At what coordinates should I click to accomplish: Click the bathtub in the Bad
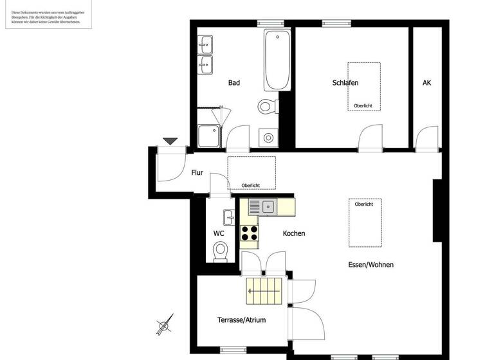click(x=277, y=60)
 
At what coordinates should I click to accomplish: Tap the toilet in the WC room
click(x=221, y=251)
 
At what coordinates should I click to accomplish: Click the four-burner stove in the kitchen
click(x=250, y=232)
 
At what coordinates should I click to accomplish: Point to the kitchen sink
click(x=268, y=206)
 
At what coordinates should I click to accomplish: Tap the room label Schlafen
click(x=345, y=83)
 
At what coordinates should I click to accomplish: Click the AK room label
click(x=426, y=83)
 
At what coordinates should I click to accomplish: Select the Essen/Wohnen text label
click(x=370, y=264)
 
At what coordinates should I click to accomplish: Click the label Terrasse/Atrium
click(x=241, y=319)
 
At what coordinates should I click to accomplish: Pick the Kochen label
click(x=294, y=233)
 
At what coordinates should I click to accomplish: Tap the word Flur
click(x=197, y=172)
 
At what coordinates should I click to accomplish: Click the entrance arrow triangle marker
click(x=170, y=141)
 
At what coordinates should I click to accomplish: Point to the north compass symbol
click(x=165, y=325)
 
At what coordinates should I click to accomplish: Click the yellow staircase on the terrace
click(x=264, y=291)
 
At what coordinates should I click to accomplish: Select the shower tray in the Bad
click(x=208, y=136)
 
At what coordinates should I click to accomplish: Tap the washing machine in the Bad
click(x=267, y=138)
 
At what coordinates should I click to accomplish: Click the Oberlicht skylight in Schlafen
click(x=363, y=86)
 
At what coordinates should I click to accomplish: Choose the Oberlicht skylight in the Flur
click(x=251, y=172)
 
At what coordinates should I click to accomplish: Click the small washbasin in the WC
click(x=228, y=217)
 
